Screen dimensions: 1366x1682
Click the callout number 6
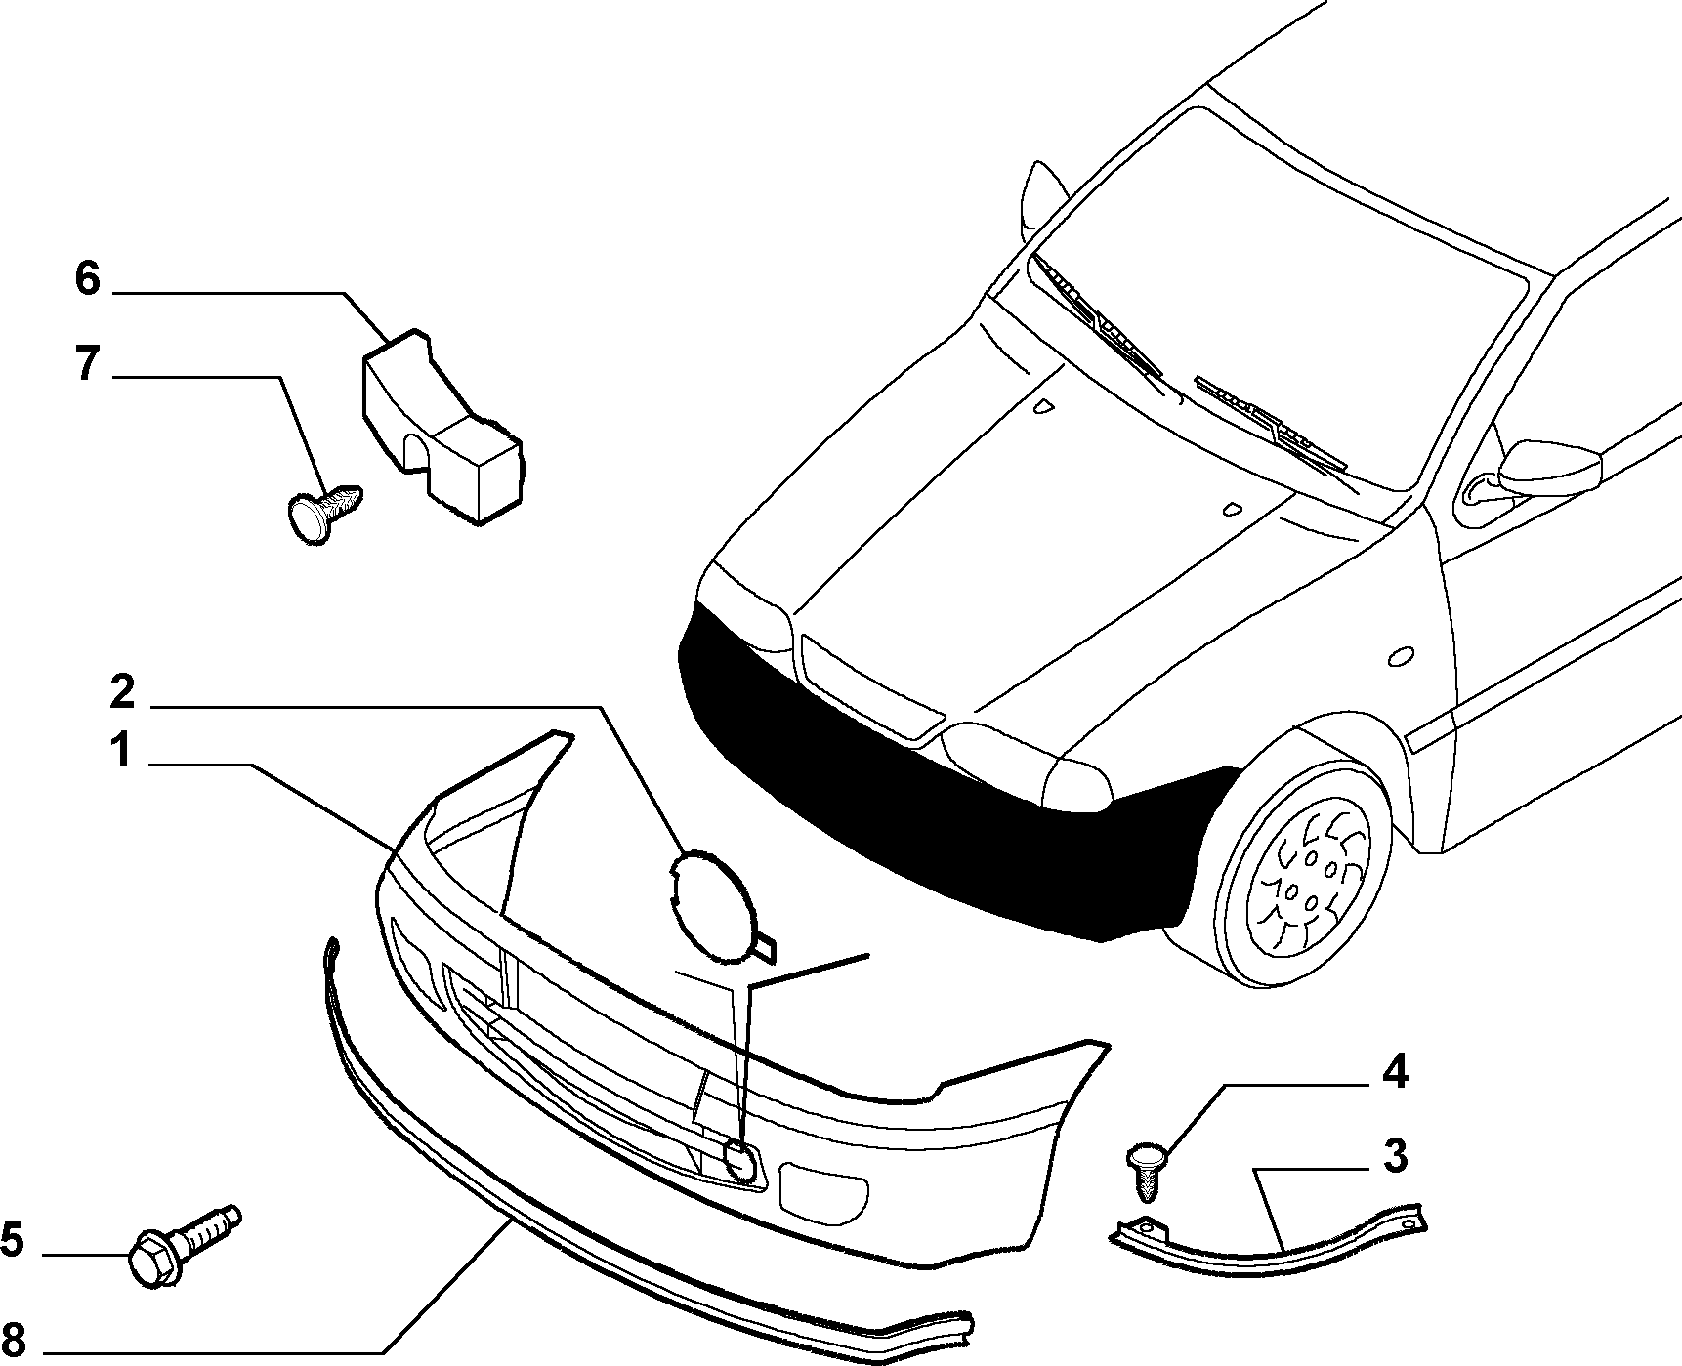(x=87, y=280)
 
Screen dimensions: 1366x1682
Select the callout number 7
(x=87, y=364)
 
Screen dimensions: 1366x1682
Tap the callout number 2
(x=121, y=691)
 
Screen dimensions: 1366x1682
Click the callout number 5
(x=12, y=1240)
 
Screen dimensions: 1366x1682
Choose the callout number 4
(x=1394, y=1072)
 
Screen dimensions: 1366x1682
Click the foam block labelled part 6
(x=440, y=430)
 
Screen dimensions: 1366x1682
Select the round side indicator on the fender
(x=1401, y=657)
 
